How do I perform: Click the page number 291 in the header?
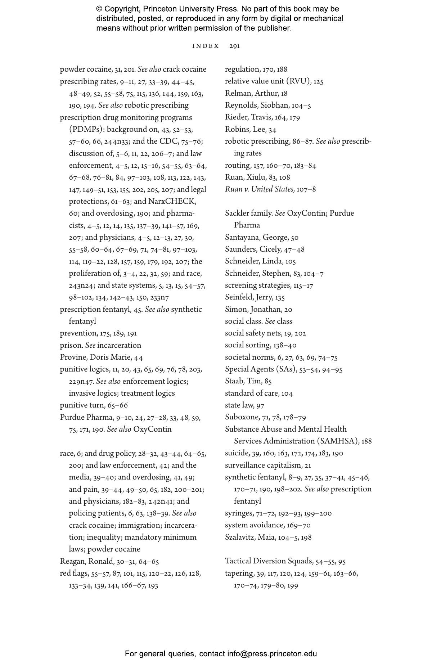234,46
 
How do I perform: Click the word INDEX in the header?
206,46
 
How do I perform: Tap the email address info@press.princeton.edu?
272,654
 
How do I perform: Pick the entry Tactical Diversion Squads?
269,561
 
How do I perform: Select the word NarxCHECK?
172,202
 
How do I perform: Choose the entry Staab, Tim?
243,381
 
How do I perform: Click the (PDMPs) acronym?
85,130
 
